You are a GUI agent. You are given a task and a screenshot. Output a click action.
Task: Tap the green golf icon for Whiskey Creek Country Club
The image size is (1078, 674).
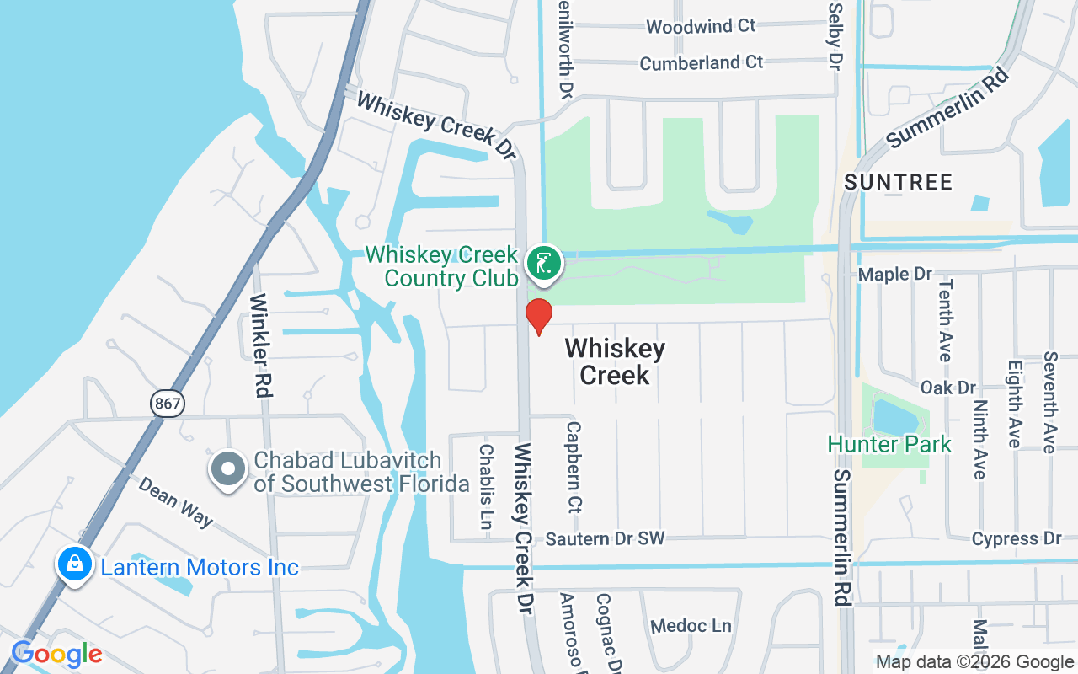(x=544, y=264)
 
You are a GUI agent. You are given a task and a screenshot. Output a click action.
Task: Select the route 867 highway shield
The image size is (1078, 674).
(x=168, y=404)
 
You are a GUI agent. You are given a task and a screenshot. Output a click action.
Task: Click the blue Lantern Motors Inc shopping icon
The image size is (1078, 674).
(x=75, y=564)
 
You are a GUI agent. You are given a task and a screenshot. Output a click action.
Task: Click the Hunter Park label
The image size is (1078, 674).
(x=889, y=444)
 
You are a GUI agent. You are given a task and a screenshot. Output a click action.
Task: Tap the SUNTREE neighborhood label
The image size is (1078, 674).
(x=899, y=182)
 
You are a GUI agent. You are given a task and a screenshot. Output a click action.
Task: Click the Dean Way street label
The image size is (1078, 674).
(x=175, y=502)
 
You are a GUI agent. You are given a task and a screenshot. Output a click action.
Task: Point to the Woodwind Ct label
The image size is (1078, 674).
(x=701, y=26)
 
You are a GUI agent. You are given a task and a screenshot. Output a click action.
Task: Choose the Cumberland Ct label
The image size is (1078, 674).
(x=702, y=63)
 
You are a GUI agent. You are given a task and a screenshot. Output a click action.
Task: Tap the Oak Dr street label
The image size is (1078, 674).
(x=947, y=388)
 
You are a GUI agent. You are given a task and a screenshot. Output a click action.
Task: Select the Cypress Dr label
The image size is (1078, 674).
(x=1017, y=538)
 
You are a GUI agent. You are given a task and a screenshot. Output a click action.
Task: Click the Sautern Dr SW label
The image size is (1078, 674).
(x=605, y=538)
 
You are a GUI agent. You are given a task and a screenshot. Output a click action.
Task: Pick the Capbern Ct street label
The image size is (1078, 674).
(x=574, y=467)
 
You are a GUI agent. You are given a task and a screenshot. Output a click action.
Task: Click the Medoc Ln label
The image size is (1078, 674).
(x=691, y=626)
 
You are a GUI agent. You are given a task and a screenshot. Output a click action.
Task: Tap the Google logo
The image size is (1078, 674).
(x=56, y=654)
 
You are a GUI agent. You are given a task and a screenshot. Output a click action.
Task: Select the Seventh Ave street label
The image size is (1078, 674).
(x=1049, y=402)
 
